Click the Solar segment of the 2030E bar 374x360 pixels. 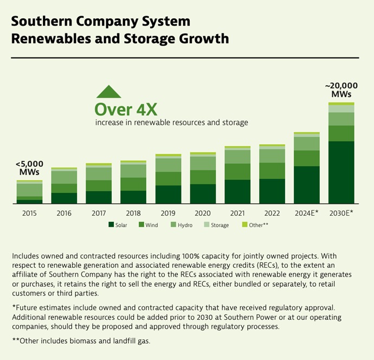point(341,172)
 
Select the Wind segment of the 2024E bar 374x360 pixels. point(306,158)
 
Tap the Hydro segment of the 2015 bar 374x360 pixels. point(29,190)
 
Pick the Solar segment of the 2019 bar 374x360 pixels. point(168,194)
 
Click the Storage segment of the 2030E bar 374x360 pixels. point(341,108)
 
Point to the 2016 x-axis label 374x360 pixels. point(64,213)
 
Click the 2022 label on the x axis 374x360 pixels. point(272,213)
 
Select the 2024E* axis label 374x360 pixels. point(307,213)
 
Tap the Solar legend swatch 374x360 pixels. point(111,224)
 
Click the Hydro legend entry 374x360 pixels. point(189,224)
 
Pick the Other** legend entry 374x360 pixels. point(255,224)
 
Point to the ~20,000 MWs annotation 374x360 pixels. point(340,91)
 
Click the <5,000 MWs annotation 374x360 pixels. point(29,168)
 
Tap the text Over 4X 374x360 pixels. point(126,109)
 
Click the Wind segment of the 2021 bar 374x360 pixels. point(237,171)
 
